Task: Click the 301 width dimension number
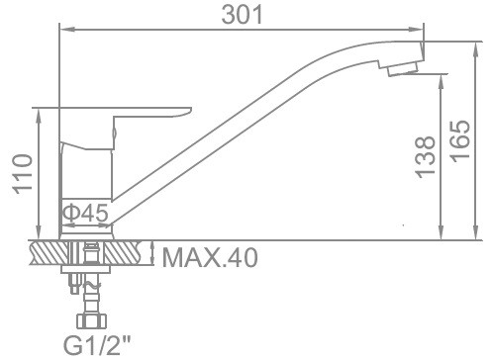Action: tap(243, 15)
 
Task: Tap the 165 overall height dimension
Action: tap(460, 141)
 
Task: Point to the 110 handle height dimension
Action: tap(23, 174)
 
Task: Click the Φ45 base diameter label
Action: tap(85, 213)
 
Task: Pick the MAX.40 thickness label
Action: tap(210, 258)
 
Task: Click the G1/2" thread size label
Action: tap(97, 345)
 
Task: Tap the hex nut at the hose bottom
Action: tap(92, 320)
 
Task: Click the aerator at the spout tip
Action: tap(403, 69)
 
